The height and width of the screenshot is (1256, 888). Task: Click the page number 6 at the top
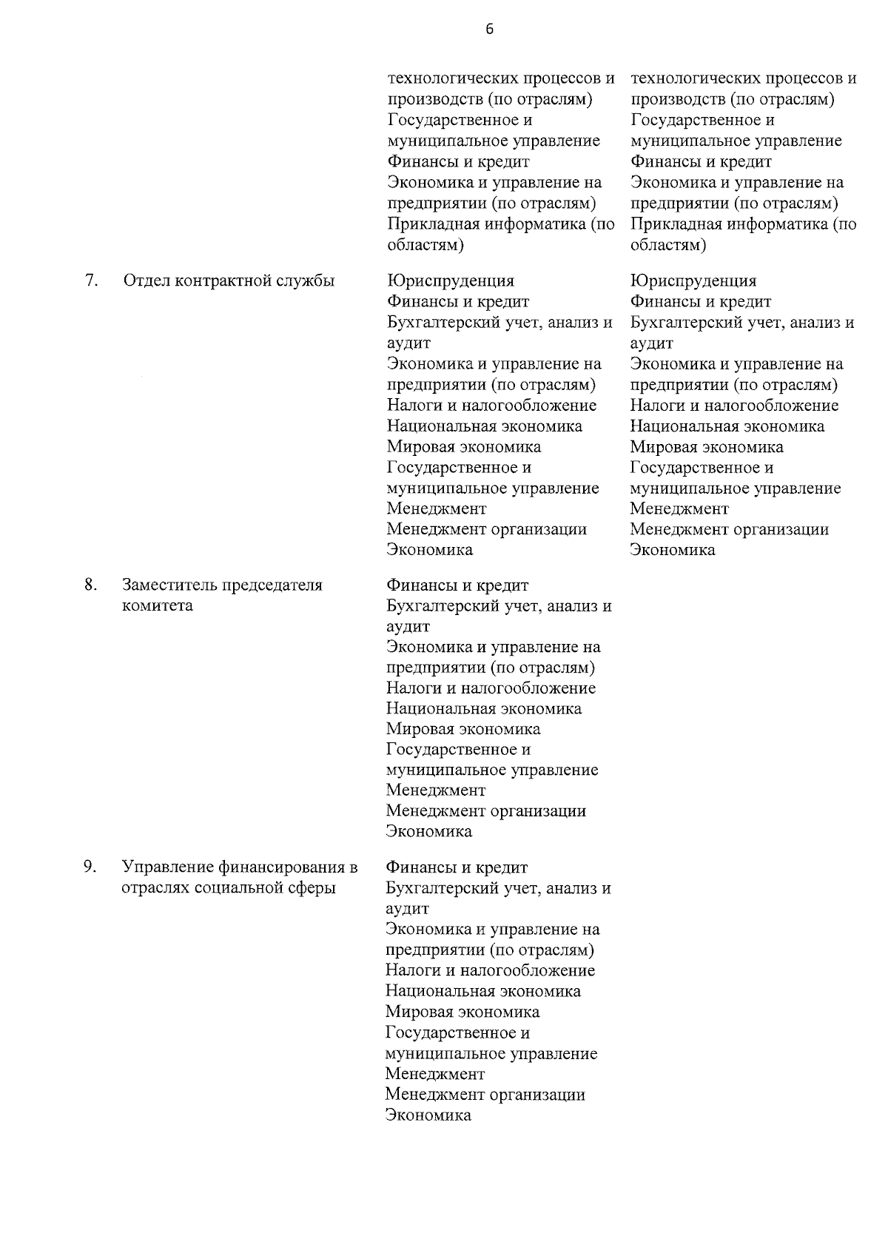[489, 30]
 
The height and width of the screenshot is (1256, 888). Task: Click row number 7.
[91, 281]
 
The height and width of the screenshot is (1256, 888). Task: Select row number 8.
[90, 585]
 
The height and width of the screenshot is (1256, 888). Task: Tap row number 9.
[90, 867]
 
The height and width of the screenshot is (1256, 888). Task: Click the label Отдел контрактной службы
[229, 281]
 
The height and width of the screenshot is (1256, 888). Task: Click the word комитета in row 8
[158, 605]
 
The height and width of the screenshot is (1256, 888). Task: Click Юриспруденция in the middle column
[450, 281]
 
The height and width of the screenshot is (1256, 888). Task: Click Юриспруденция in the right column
[693, 281]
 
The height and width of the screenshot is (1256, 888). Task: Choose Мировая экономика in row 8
[463, 729]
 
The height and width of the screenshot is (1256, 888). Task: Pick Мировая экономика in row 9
[462, 1012]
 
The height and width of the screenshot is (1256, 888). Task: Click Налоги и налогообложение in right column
[734, 406]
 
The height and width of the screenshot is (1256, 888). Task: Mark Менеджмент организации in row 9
[485, 1095]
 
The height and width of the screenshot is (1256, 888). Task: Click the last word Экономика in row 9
[428, 1115]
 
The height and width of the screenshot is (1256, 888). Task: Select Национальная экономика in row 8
[484, 709]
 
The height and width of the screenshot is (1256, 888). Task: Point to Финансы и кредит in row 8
[457, 585]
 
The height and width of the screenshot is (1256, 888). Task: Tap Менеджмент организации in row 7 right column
[729, 529]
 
